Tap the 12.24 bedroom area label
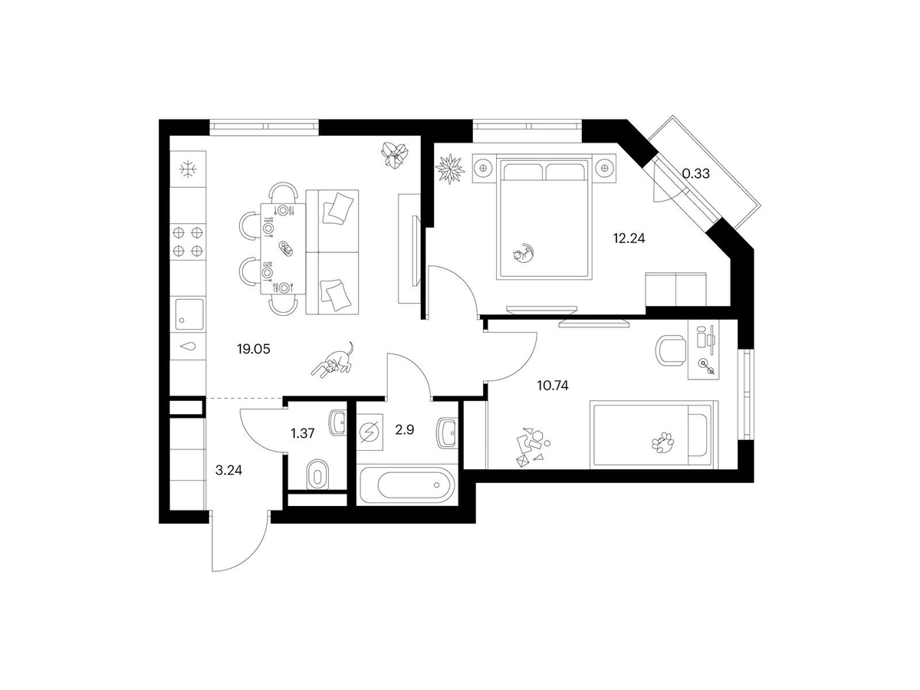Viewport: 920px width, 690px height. pos(628,238)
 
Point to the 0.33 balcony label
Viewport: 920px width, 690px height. pos(695,173)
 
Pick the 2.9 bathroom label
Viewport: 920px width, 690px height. pos(405,429)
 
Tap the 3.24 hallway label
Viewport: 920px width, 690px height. pos(228,472)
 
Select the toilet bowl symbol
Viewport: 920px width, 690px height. pos(316,475)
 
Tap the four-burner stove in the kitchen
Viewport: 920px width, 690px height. pos(188,241)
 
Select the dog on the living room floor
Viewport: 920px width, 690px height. pos(333,360)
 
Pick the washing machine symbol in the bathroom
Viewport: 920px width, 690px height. pos(370,432)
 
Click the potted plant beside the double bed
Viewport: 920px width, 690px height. pos(450,168)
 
